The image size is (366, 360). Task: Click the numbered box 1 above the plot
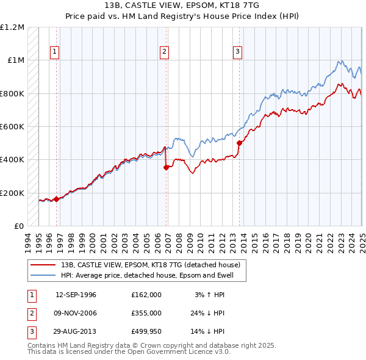55,52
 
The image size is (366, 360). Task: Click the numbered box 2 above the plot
165,52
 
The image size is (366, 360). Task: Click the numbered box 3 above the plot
237,52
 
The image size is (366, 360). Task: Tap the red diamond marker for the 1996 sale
56,198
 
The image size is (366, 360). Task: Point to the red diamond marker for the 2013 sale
239,143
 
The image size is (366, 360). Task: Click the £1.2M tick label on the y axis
12,27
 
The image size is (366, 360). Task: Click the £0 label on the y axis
18,226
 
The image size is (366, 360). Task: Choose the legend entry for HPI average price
152,275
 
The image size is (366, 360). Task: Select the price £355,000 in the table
146,313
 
